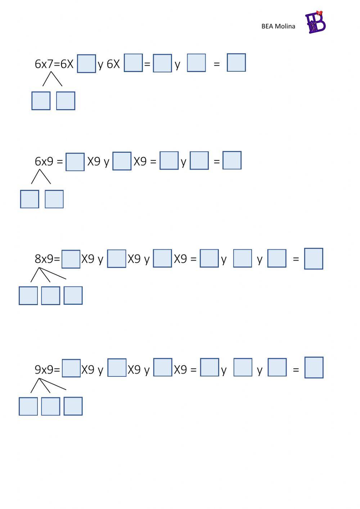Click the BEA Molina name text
278,26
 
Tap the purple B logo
315,22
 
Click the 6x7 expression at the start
44,64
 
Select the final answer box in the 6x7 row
236,63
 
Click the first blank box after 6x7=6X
86,64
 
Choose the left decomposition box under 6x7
41,101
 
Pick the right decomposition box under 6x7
66,101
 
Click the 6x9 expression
44,161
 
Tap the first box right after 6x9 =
75,162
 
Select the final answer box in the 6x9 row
232,160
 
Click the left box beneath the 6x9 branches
30,199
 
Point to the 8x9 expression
44,259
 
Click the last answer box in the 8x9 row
314,259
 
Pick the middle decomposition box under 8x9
50,296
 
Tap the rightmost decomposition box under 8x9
73,295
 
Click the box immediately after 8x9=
71,259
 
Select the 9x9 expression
44,370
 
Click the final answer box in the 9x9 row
314,367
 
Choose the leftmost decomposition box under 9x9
28,406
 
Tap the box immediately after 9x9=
71,368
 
